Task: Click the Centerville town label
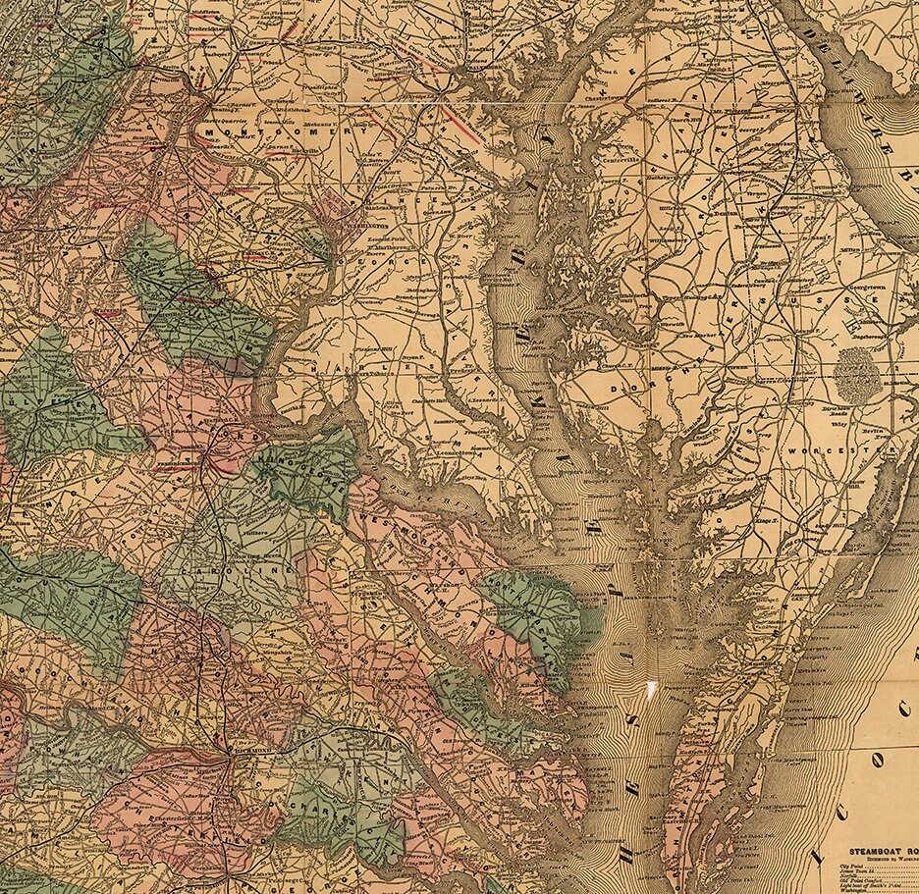[615, 157]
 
